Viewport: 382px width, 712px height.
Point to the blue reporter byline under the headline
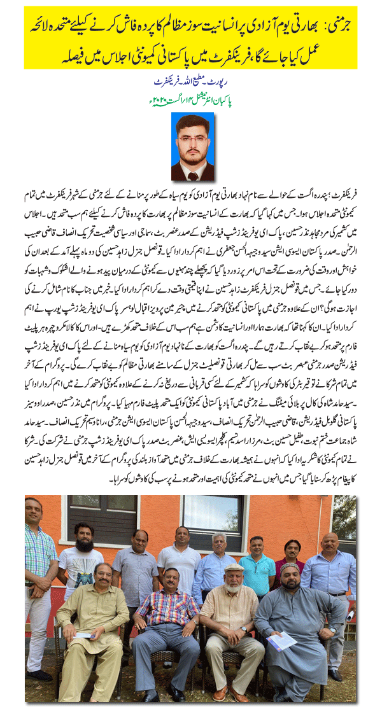click(192, 83)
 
